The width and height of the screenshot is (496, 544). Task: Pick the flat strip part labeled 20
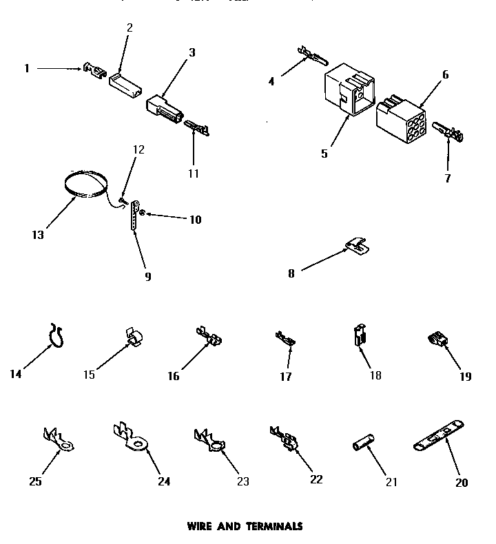pos(440,437)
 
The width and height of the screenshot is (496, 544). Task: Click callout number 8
pos(291,273)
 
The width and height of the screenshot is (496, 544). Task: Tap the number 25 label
pos(35,481)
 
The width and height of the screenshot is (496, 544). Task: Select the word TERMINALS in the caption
pos(273,526)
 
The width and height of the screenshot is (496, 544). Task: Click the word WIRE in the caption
pos(201,526)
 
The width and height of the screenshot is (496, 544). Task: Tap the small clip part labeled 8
pos(355,243)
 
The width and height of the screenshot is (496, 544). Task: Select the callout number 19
pos(466,376)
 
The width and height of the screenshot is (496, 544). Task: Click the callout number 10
pos(195,220)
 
